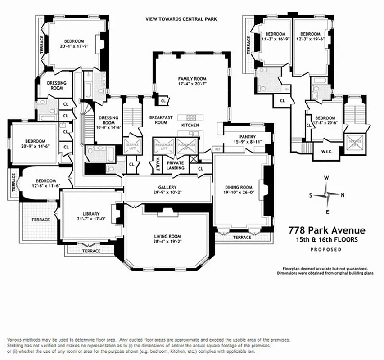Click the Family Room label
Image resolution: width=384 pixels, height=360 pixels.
(191, 78)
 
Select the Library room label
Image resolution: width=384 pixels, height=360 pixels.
(90, 214)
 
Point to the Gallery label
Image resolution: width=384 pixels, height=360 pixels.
(167, 187)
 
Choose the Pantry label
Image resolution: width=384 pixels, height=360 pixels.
(247, 137)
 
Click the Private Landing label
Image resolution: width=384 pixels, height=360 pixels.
(175, 165)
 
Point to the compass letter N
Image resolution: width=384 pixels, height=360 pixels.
(343, 195)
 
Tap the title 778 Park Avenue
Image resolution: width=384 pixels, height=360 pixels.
(327, 231)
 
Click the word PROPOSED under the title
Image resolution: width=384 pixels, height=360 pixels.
(326, 249)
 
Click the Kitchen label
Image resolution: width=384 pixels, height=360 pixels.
(190, 125)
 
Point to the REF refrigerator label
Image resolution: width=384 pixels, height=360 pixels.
(217, 149)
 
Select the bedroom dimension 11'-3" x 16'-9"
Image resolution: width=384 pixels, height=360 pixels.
(275, 40)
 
